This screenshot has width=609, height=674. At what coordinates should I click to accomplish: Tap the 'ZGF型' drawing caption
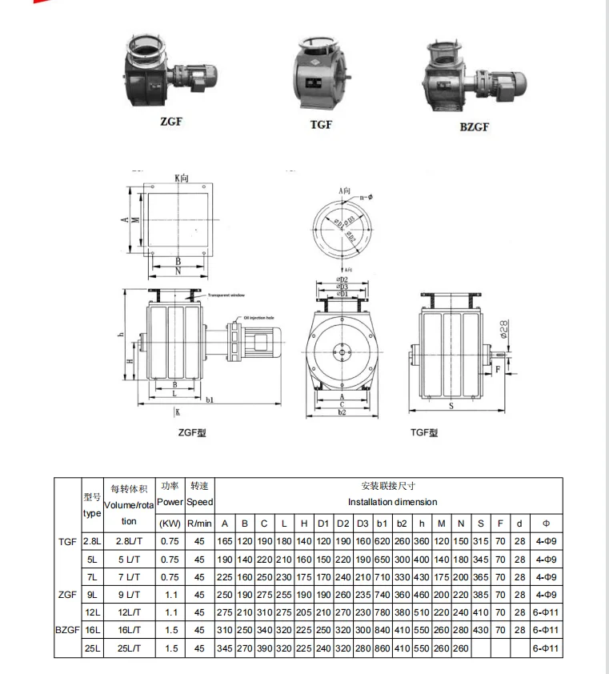[x=191, y=432]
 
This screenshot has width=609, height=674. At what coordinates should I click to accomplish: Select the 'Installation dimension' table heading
[x=392, y=502]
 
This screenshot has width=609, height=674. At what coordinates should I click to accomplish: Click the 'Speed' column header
[x=200, y=503]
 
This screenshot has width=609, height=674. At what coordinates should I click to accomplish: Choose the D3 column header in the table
[x=363, y=524]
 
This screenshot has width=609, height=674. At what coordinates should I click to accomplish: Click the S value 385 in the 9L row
[x=480, y=595]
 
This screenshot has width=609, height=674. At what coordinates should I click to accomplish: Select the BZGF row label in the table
[x=68, y=630]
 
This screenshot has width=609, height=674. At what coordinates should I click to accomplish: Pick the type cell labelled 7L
[x=93, y=577]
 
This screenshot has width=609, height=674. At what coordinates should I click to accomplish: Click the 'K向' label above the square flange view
[x=182, y=179]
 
